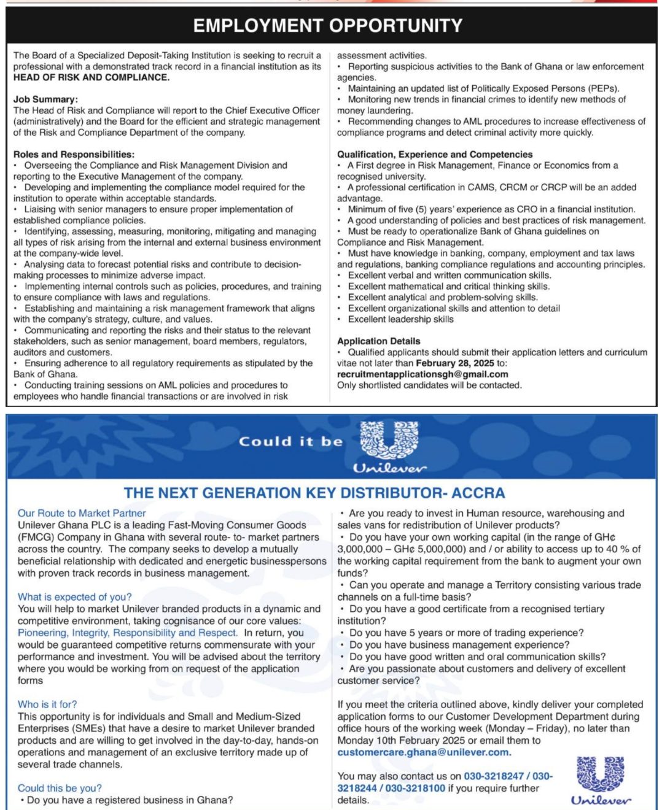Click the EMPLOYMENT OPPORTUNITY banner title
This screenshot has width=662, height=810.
(328, 25)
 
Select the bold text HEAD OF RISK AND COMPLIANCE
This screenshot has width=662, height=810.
(92, 77)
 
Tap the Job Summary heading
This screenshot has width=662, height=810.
(45, 99)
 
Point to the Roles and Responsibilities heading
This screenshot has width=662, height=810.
(74, 155)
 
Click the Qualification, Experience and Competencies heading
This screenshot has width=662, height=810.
(435, 155)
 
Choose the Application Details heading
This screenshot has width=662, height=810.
(378, 341)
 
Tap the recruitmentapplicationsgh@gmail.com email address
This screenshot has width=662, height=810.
(423, 374)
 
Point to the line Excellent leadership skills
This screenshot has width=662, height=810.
(400, 319)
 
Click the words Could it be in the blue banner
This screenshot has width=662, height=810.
(290, 441)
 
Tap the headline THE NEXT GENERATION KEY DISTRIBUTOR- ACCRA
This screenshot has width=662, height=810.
(314, 493)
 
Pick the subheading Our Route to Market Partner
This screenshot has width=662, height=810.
(82, 513)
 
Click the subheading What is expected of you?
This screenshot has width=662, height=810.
(74, 597)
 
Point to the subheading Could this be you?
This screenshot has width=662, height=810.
(60, 789)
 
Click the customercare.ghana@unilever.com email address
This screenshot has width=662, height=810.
(424, 752)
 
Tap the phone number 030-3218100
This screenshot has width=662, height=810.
(416, 789)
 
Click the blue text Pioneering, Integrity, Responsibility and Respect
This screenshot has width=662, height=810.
(127, 633)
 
